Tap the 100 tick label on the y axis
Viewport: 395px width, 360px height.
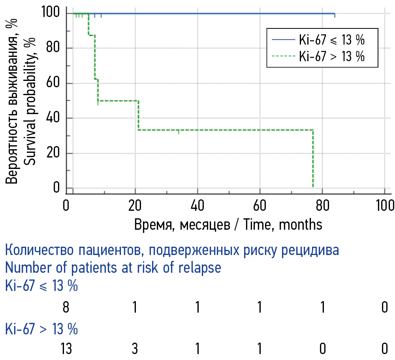[51, 13]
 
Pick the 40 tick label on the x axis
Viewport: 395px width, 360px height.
[197, 206]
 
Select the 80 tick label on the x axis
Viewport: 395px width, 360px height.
[322, 206]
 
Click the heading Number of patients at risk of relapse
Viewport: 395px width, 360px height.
[113, 268]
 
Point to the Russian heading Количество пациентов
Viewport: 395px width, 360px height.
[172, 251]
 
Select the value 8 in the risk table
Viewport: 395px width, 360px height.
[66, 307]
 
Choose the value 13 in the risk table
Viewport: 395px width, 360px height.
[66, 349]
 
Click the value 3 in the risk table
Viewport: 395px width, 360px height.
[135, 349]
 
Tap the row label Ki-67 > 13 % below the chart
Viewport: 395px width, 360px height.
[41, 328]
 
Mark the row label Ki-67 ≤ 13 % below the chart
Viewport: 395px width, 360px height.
[41, 286]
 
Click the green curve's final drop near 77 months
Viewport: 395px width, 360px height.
[313, 158]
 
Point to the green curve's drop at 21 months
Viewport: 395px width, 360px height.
[138, 115]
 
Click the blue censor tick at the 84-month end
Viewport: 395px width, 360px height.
[335, 15]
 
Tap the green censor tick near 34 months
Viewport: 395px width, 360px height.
[179, 131]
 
